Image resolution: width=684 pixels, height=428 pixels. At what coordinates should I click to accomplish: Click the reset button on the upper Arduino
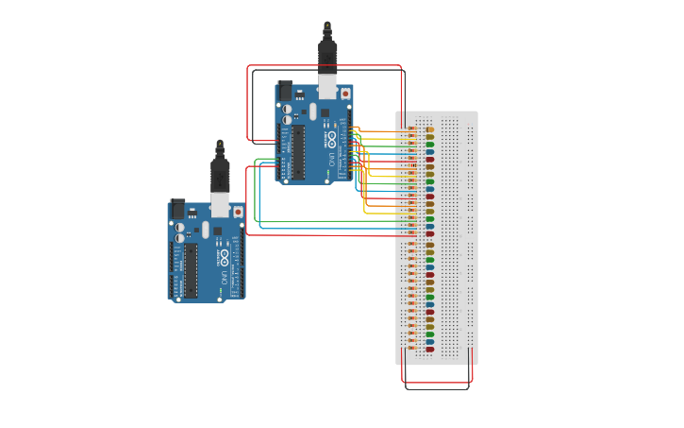[345, 94]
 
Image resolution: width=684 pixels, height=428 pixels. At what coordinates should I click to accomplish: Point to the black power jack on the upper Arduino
[286, 91]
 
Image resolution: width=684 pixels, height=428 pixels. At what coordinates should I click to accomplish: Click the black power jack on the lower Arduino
[177, 209]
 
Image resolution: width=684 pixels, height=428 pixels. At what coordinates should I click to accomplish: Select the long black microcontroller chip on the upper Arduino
[298, 151]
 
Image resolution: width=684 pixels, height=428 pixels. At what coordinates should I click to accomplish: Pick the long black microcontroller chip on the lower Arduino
[191, 269]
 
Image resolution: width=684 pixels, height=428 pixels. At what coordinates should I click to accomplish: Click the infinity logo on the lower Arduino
[224, 257]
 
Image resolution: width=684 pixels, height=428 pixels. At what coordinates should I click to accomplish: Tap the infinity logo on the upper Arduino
[331, 139]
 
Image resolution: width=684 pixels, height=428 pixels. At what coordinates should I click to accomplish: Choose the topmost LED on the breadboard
[430, 129]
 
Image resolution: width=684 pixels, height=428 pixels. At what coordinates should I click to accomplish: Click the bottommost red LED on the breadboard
[430, 349]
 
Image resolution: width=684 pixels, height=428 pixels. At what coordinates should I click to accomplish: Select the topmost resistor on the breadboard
[411, 128]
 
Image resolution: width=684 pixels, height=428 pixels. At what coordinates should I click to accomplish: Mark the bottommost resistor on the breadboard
[411, 349]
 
